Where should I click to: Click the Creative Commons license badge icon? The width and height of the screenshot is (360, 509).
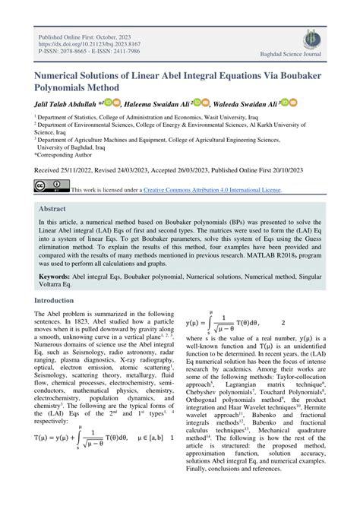pos(49,186)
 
